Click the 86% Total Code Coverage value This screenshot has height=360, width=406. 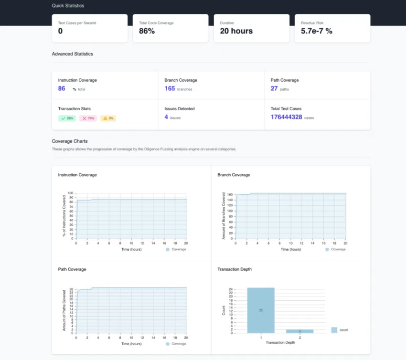[x=147, y=31]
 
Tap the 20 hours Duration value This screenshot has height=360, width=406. [x=236, y=31]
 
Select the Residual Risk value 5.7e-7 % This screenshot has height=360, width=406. [x=316, y=31]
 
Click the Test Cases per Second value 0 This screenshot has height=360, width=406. [x=60, y=31]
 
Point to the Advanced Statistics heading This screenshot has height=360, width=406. [x=72, y=54]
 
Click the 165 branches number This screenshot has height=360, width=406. [x=170, y=88]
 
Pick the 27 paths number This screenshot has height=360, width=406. [x=274, y=88]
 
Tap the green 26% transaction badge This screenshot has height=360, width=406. [x=67, y=118]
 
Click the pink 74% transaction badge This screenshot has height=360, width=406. [x=88, y=118]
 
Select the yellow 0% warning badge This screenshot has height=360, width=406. [x=108, y=118]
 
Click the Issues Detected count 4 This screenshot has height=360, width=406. [x=166, y=116]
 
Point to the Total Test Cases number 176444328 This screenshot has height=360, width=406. [x=286, y=116]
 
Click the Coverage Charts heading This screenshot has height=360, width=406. [x=70, y=141]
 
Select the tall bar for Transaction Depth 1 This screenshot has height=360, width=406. [x=261, y=310]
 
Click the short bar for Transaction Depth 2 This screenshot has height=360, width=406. [x=300, y=331]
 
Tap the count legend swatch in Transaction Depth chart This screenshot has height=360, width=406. [x=334, y=330]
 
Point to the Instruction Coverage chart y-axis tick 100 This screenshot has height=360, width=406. [x=71, y=193]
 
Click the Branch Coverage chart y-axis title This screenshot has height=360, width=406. [x=224, y=215]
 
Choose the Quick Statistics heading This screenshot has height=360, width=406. [x=67, y=6]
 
